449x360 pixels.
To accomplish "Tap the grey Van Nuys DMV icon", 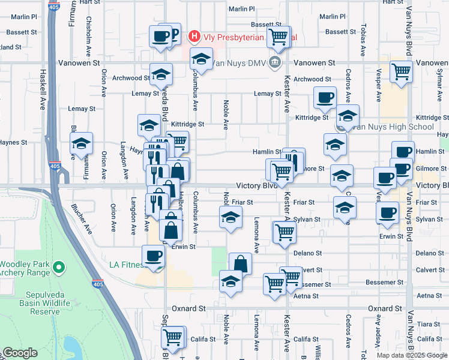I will point(275,62).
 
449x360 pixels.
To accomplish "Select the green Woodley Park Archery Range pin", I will point(59,267).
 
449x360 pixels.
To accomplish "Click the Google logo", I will point(19,353).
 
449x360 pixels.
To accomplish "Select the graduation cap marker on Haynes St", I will point(81,144).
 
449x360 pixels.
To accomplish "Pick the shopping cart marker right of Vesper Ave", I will point(401,71).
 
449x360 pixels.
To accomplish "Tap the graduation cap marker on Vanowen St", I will point(202,59).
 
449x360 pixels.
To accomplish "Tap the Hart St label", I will point(90,2).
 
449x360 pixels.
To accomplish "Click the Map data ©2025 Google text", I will point(412,355).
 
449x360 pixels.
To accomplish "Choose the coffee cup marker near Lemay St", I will point(325,97).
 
